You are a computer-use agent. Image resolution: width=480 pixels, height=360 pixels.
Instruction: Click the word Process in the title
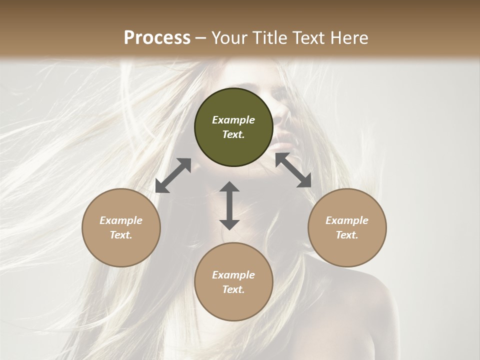(157, 38)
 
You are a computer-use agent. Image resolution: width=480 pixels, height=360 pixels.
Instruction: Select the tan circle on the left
(121, 250)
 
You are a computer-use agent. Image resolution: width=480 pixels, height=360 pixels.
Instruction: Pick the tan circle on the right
(347, 250)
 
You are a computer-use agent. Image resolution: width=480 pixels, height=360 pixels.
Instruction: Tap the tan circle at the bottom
(233, 305)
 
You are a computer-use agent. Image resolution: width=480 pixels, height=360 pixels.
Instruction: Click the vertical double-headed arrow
(229, 205)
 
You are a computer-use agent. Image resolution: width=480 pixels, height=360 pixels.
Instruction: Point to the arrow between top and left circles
(173, 175)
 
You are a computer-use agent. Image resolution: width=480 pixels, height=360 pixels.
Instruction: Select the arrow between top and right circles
(293, 170)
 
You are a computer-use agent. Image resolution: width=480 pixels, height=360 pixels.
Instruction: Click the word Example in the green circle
(233, 120)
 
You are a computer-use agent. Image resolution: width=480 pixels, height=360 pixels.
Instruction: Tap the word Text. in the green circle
(233, 134)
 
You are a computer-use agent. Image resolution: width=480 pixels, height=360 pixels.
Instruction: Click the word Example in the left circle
(121, 220)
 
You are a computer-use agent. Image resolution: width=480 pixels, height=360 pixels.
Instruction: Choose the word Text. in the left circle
(121, 235)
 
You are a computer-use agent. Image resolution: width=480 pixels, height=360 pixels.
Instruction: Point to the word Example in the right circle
(347, 220)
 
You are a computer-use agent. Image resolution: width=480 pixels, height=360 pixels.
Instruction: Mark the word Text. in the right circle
(347, 235)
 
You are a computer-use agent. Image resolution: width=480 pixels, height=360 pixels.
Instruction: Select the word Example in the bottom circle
(233, 275)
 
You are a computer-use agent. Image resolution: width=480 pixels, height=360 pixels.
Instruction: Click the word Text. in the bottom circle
(233, 289)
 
